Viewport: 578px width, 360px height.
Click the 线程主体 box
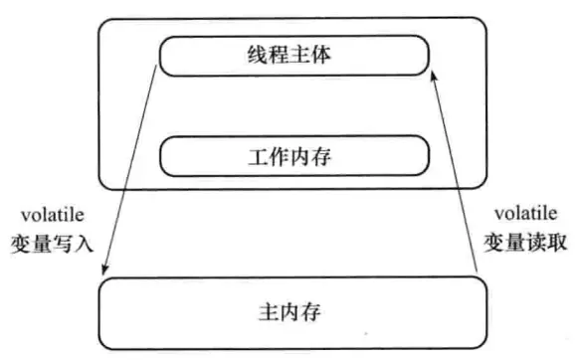pos(294,57)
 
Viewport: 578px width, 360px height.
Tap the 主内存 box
pos(294,311)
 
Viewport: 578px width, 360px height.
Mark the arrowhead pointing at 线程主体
pos(434,78)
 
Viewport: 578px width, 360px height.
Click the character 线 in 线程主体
pos(255,56)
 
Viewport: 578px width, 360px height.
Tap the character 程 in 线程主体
pos(281,56)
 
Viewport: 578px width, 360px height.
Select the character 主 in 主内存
pos(269,311)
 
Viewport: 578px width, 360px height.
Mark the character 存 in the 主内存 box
pos(319,311)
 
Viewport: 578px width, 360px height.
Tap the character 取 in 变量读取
pos(557,242)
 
